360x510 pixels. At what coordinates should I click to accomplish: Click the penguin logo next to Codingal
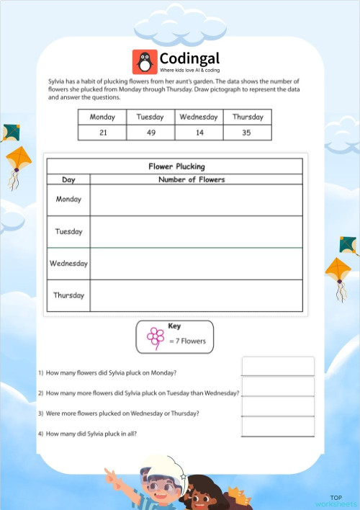[x=145, y=61]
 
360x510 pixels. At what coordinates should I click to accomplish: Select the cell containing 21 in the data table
[x=102, y=133]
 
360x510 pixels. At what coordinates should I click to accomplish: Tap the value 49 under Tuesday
[x=150, y=133]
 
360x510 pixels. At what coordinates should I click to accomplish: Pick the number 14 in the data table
[x=199, y=133]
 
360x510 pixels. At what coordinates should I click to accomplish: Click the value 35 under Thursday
[x=248, y=133]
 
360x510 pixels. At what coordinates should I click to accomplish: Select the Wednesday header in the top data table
[x=199, y=117]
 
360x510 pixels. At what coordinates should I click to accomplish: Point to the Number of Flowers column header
[x=192, y=179]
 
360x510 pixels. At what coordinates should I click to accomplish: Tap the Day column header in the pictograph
[x=69, y=179]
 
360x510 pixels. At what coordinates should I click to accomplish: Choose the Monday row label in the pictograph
[x=69, y=200]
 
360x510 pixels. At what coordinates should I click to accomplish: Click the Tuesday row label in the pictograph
[x=69, y=232]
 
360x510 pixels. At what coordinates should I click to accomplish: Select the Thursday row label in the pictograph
[x=69, y=295]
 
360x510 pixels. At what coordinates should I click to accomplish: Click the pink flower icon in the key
[x=156, y=337]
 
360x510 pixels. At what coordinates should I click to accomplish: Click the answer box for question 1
[x=278, y=366]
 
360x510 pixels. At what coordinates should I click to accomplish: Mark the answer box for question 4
[x=278, y=427]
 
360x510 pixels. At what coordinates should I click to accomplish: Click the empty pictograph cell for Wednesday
[x=196, y=264]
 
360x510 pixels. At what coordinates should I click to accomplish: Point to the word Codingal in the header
[x=189, y=58]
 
